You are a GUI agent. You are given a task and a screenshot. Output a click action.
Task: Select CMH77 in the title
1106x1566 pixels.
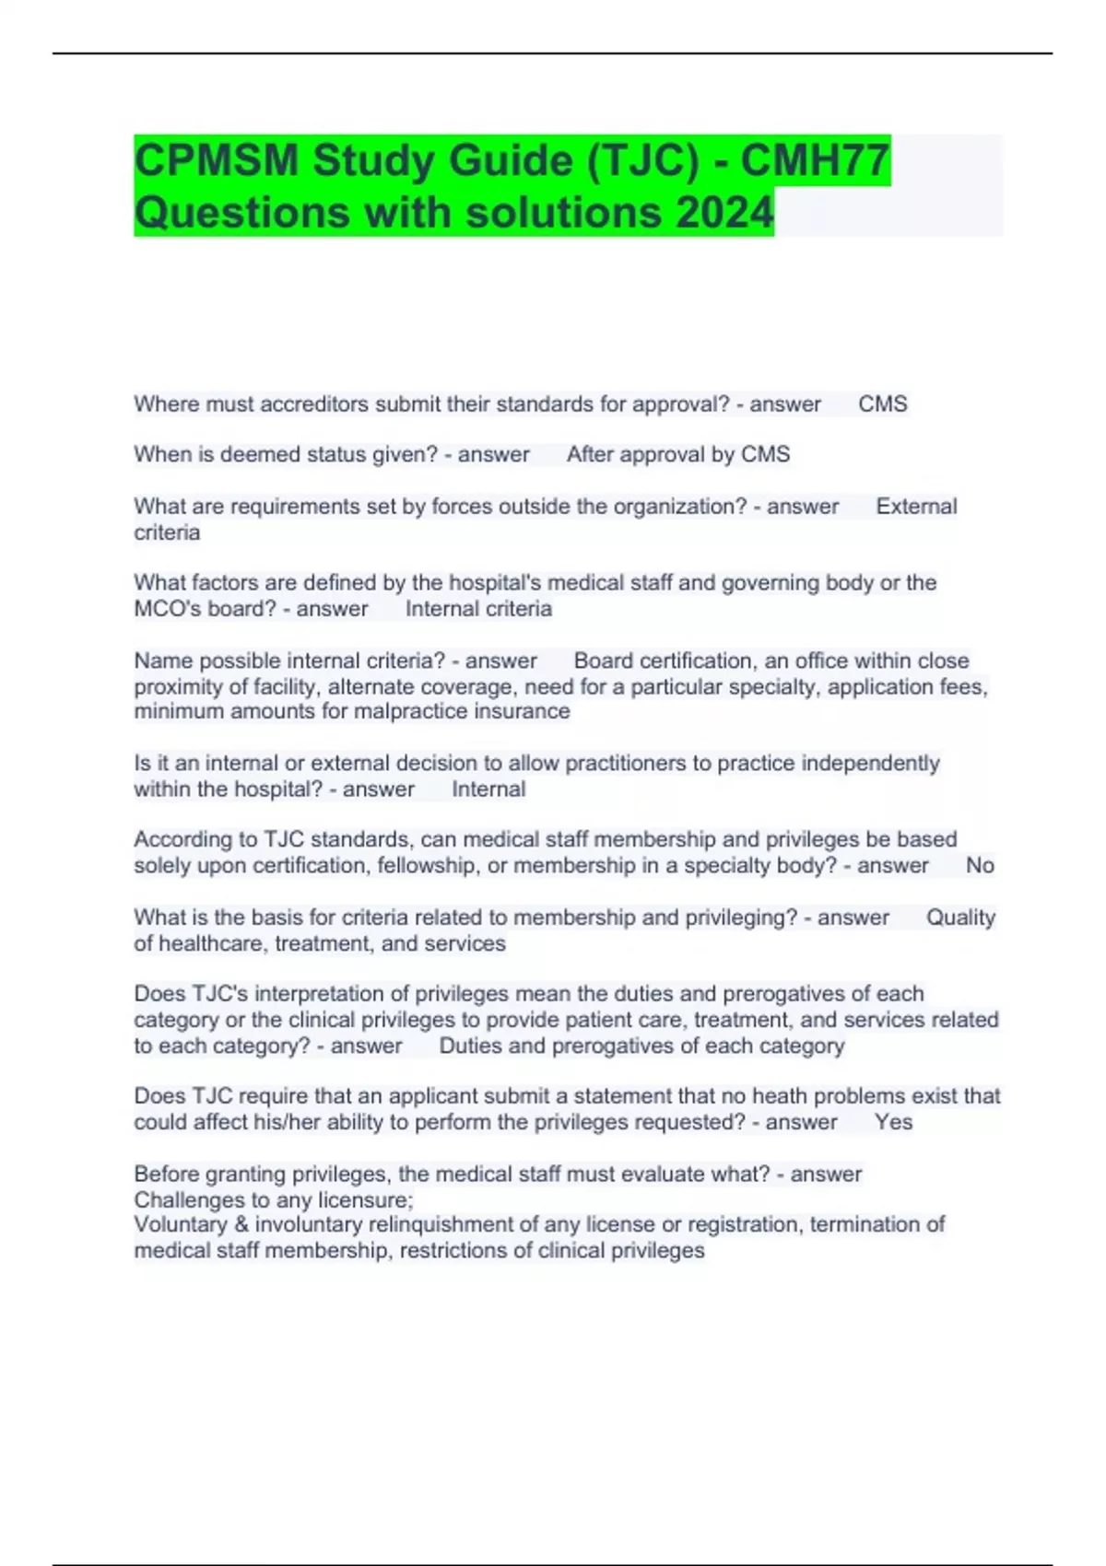click(x=816, y=160)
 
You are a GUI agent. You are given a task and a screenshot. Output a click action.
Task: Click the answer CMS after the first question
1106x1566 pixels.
click(x=883, y=404)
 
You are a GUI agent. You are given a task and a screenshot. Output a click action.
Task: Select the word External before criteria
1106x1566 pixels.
click(x=916, y=507)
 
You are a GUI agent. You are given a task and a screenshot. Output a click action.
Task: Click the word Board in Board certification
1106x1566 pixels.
click(x=604, y=660)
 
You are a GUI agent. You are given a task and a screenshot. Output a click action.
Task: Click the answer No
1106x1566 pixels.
click(x=980, y=865)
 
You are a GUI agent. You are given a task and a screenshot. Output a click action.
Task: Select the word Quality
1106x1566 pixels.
click(x=960, y=917)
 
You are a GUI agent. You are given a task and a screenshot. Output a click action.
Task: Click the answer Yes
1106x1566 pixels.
click(x=893, y=1122)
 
